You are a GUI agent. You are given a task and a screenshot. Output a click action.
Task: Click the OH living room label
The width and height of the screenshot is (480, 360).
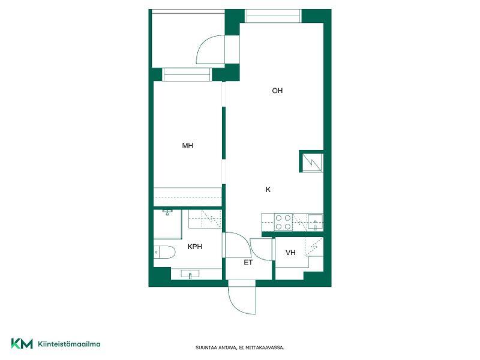(277, 91)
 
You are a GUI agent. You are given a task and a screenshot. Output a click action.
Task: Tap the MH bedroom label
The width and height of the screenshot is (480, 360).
(187, 146)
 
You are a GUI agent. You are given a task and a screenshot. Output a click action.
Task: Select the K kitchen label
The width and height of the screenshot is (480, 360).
(268, 190)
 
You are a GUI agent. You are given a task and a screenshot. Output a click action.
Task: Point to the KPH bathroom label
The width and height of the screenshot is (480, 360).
(194, 247)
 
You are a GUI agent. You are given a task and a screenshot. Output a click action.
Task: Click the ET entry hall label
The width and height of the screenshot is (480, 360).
(248, 262)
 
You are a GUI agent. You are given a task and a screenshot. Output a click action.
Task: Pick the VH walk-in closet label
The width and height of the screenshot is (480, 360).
(290, 253)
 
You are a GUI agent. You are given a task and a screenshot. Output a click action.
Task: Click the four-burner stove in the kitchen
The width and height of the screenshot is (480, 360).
(283, 223)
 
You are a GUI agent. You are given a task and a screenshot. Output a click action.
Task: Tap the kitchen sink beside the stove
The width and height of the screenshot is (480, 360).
(315, 222)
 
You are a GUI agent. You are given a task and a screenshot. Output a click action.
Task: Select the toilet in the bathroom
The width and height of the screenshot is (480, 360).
(164, 252)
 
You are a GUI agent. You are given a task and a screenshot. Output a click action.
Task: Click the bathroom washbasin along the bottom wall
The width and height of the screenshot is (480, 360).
(190, 274)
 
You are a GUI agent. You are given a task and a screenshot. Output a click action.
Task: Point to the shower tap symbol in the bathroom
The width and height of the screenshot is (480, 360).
(167, 212)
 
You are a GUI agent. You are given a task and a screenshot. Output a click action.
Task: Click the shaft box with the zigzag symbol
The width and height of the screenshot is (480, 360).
(311, 161)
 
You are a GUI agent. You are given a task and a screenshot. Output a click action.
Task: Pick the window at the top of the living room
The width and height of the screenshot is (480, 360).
(273, 16)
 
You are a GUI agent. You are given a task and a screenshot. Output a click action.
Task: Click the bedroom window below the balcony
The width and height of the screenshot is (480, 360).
(187, 74)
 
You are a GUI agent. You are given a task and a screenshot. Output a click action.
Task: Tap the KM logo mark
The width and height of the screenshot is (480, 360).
(22, 343)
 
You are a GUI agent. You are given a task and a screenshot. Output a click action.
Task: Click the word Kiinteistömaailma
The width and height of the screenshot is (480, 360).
(69, 344)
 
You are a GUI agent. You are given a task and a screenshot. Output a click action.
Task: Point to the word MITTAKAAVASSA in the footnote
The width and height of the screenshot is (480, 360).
(265, 348)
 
